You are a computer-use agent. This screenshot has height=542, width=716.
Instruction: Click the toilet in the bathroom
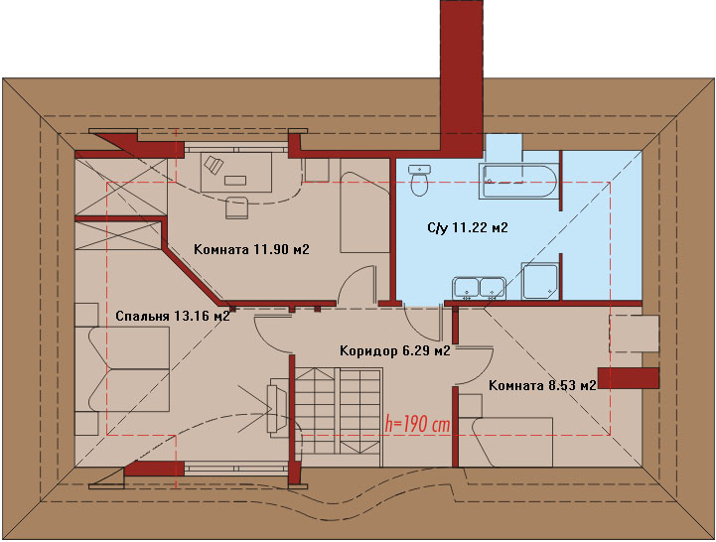point(419,180)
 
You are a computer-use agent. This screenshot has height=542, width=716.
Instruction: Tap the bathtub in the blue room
point(518,182)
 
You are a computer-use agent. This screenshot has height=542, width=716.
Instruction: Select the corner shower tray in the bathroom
point(540,281)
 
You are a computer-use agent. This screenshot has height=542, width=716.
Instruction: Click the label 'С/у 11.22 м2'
point(468,227)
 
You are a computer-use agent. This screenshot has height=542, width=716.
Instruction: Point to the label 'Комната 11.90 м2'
point(251,249)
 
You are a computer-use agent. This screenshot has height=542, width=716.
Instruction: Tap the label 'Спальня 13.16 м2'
point(173,316)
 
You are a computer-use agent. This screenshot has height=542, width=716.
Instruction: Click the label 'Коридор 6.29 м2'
point(395,350)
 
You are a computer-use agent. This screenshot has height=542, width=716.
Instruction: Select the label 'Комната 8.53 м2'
point(542,385)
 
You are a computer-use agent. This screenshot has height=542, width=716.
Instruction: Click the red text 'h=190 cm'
point(417,424)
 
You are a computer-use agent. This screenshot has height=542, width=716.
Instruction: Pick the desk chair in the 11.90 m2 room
point(237,207)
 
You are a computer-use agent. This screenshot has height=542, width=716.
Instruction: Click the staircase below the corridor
point(338,412)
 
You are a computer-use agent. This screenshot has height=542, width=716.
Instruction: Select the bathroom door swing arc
point(422,324)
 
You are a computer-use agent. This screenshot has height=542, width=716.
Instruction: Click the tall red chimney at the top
point(462,75)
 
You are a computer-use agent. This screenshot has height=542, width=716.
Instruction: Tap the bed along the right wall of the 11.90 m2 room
point(363,212)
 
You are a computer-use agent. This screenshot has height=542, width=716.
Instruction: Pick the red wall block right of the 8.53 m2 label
point(629,378)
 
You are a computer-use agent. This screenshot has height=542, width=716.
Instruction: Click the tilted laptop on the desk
point(214,164)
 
